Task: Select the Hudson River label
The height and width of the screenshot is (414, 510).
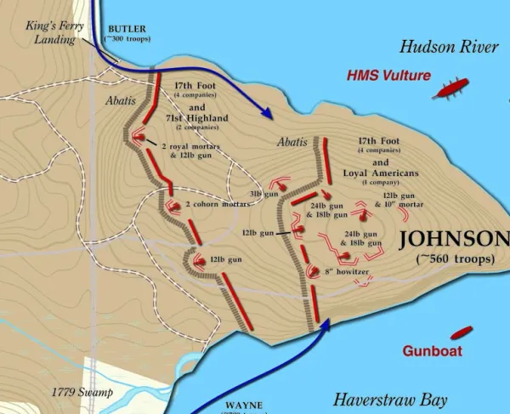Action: point(449,46)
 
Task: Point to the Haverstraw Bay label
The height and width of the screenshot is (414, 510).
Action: point(390,399)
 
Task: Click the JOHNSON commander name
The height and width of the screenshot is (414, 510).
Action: point(454,239)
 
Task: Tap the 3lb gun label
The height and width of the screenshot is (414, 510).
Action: point(263,195)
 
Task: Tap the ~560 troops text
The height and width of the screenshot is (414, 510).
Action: point(455,258)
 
